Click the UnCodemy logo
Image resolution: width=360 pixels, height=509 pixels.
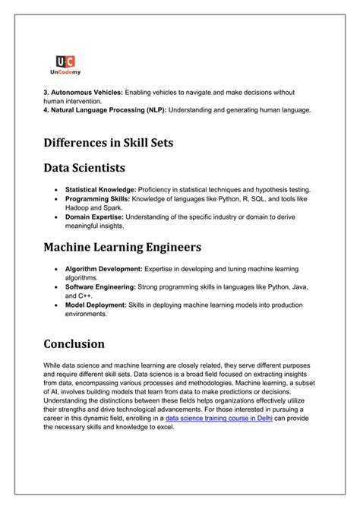click(x=65, y=67)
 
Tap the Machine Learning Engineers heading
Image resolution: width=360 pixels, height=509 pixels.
click(x=122, y=247)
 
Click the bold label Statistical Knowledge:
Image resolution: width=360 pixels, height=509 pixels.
click(x=100, y=189)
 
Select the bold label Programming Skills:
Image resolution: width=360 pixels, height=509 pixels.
click(x=98, y=198)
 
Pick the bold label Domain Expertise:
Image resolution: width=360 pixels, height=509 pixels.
click(x=95, y=216)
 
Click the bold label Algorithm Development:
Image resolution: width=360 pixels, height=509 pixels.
click(x=103, y=269)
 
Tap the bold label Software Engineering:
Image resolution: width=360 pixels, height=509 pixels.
click(x=100, y=286)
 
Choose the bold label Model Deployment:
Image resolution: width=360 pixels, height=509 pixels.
click(x=96, y=305)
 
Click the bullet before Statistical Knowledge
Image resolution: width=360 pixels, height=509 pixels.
click(x=57, y=189)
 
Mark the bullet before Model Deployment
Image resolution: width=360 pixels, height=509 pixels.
click(x=57, y=305)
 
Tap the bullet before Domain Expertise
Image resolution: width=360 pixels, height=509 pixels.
click(x=57, y=216)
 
